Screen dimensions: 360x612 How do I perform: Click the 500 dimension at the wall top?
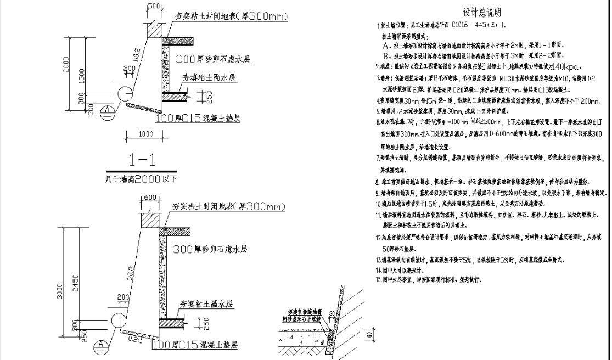[x=154, y=6]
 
